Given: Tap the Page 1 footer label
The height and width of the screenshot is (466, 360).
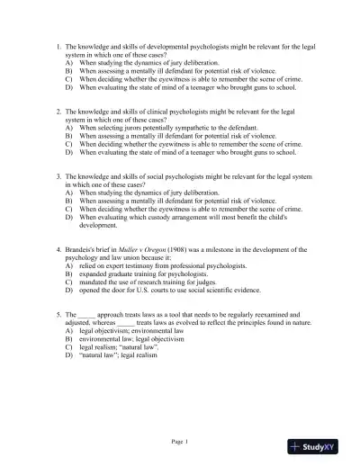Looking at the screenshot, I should (180, 441).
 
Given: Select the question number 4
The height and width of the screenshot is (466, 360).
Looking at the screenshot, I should (58, 246).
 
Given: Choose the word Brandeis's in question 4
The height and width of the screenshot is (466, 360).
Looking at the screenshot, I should (85, 246).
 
